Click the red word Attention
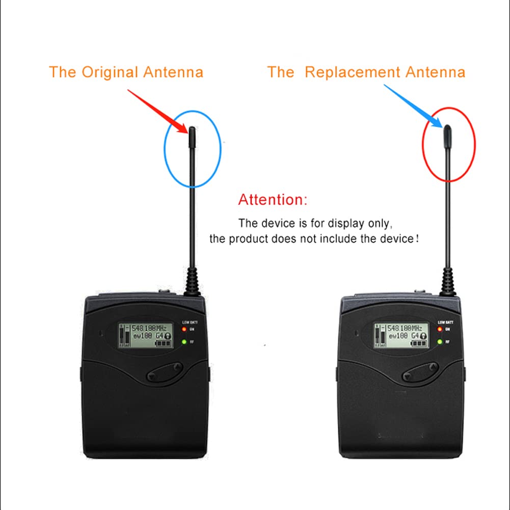[x=273, y=199]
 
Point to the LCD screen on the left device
[x=145, y=334]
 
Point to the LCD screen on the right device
[x=400, y=334]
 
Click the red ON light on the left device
[x=184, y=329]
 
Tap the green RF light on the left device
[x=184, y=341]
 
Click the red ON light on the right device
[x=440, y=329]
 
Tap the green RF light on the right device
[x=440, y=341]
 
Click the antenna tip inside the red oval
[x=447, y=133]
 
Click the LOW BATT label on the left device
[x=190, y=323]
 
